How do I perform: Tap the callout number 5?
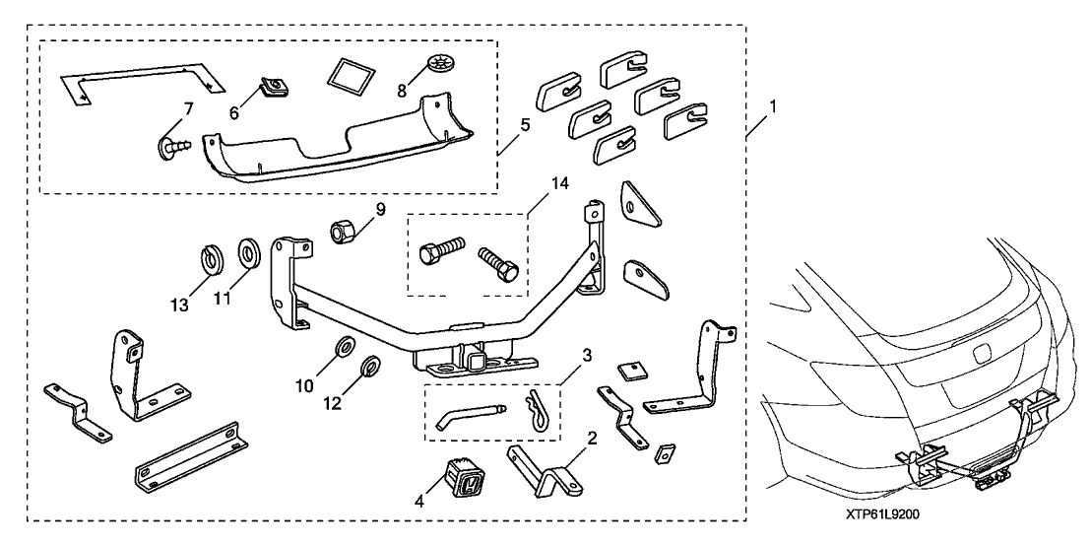[526, 124]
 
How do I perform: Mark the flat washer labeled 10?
[346, 346]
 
